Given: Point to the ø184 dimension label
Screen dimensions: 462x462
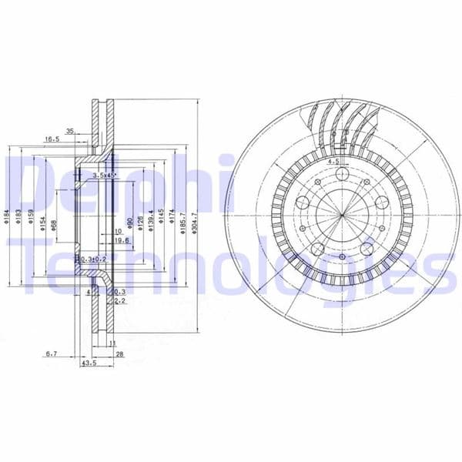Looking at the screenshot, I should pos(5,217).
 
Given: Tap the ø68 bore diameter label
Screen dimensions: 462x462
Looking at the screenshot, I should pos(53,224).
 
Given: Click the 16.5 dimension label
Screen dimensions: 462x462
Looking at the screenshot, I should pos(52,139).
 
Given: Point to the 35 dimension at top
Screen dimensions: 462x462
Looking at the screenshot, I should pos(71,130).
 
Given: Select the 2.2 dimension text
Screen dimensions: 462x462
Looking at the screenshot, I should pos(119,300).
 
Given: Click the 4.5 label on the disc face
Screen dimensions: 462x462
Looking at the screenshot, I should pos(333,162).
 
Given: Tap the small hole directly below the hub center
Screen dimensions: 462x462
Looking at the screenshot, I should pos(338,247).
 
